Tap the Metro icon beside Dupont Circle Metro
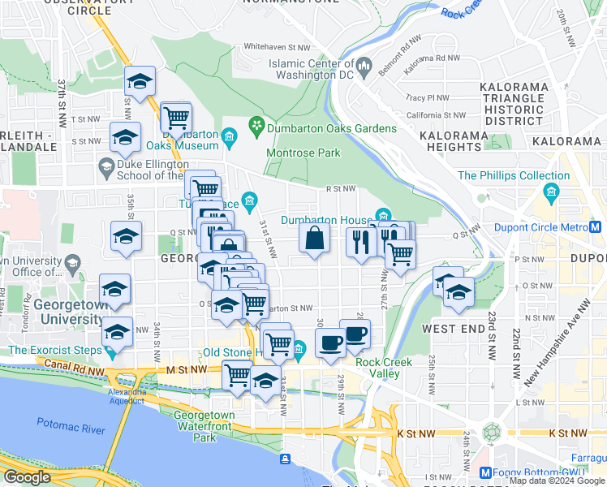point(596,228)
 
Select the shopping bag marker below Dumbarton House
point(315,239)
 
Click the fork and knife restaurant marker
point(359,242)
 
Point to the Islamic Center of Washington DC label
point(312,69)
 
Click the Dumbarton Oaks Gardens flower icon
point(257,126)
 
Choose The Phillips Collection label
point(514,175)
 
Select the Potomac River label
point(71,423)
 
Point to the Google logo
point(27,477)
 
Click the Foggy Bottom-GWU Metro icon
point(485,473)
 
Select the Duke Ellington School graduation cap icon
point(105,169)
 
